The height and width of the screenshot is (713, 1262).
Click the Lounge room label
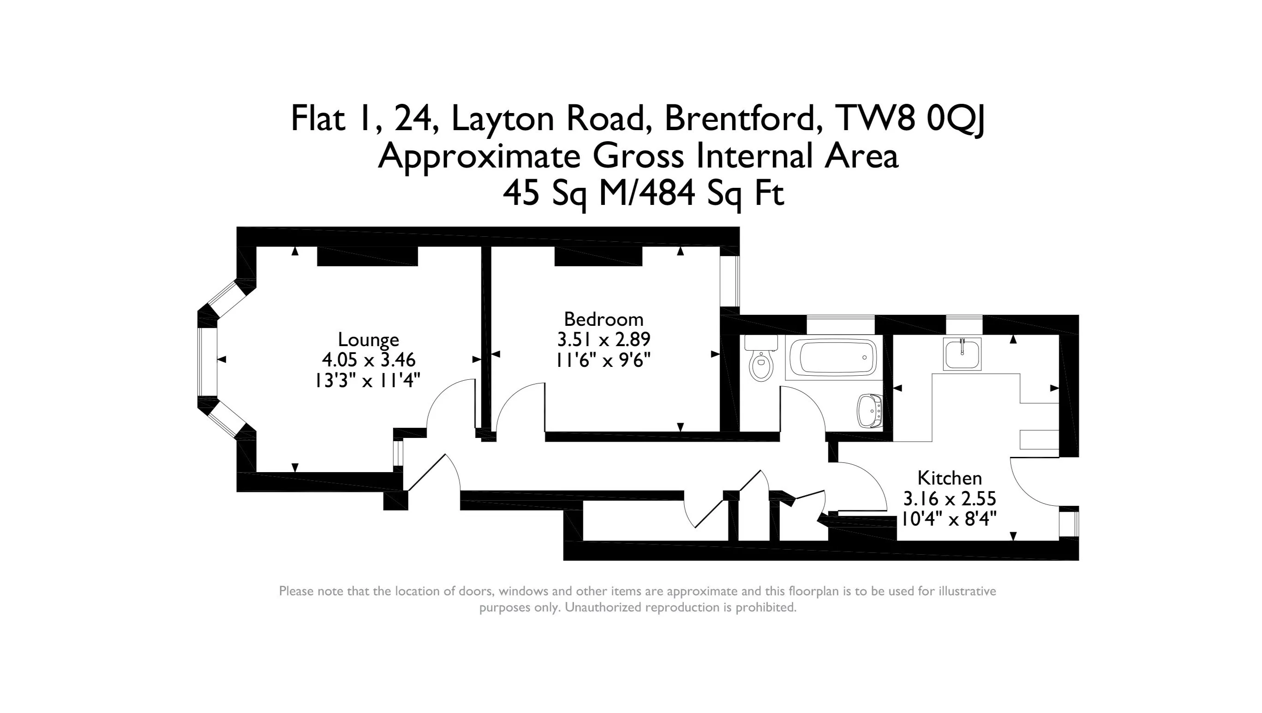(x=368, y=340)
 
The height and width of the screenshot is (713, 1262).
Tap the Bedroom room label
(x=604, y=319)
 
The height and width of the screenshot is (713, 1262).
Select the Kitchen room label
(x=950, y=478)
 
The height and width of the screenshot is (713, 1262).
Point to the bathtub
(x=831, y=357)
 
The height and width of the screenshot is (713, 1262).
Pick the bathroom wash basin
(x=870, y=411)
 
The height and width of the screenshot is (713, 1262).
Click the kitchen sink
(x=962, y=354)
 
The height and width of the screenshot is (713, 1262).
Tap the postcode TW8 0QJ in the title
(x=911, y=119)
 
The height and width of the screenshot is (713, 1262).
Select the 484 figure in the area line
(x=667, y=193)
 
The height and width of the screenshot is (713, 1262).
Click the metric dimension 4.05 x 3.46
(x=368, y=360)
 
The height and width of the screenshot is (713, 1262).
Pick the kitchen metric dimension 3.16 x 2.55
(x=950, y=499)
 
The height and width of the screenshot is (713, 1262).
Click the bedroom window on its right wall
(x=730, y=282)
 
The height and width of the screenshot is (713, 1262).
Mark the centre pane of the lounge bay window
(x=207, y=362)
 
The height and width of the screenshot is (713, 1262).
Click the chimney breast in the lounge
(x=367, y=256)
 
